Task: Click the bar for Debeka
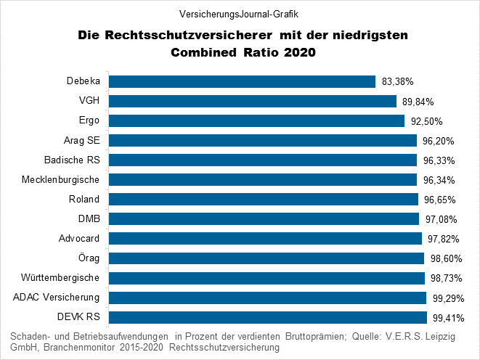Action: coord(242,82)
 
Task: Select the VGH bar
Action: coord(253,101)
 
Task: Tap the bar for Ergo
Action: coord(256,120)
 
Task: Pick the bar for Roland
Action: coord(264,199)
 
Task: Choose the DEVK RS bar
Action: coord(268,317)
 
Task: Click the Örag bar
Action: coord(267,258)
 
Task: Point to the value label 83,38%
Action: coord(398,82)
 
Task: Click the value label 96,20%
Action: coord(439,141)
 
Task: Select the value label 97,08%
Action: coord(441,219)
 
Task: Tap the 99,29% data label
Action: coord(449,298)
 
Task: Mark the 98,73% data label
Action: coord(447,278)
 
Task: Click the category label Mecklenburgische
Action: coord(60,180)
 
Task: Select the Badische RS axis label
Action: coord(72,160)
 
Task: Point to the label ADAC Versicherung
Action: coord(57,298)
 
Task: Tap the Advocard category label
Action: coord(79,239)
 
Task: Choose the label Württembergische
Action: coord(60,278)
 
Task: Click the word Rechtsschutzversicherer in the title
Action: coord(189,35)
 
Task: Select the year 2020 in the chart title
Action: coord(300,52)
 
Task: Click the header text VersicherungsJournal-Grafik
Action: coord(239,14)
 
